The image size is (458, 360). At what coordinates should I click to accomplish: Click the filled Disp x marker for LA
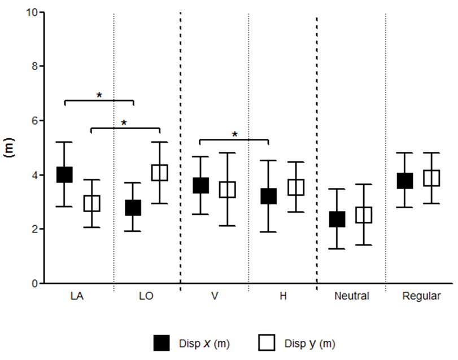coord(64,174)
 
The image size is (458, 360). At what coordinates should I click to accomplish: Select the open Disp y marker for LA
coord(91,203)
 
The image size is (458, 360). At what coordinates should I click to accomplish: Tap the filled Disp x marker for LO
coord(133,208)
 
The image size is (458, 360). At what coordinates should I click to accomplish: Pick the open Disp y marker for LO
coord(160,173)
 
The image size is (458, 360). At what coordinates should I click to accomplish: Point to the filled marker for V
coord(201,185)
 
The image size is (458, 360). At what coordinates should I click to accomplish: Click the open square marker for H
coord(296,187)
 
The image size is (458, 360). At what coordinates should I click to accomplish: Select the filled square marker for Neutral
coord(337,219)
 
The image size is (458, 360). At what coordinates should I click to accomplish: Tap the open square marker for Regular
coord(431,178)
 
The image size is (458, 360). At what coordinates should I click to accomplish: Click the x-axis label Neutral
coord(351,296)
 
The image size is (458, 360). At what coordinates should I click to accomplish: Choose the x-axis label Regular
coord(421,296)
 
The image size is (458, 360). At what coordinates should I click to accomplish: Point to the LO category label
coord(146,296)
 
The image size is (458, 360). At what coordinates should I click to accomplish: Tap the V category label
coord(215,296)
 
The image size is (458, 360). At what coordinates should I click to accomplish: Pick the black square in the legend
coord(162,343)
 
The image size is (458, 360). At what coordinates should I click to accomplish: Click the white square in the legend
coord(267,343)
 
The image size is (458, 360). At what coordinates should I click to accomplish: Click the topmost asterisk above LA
coord(99,95)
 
